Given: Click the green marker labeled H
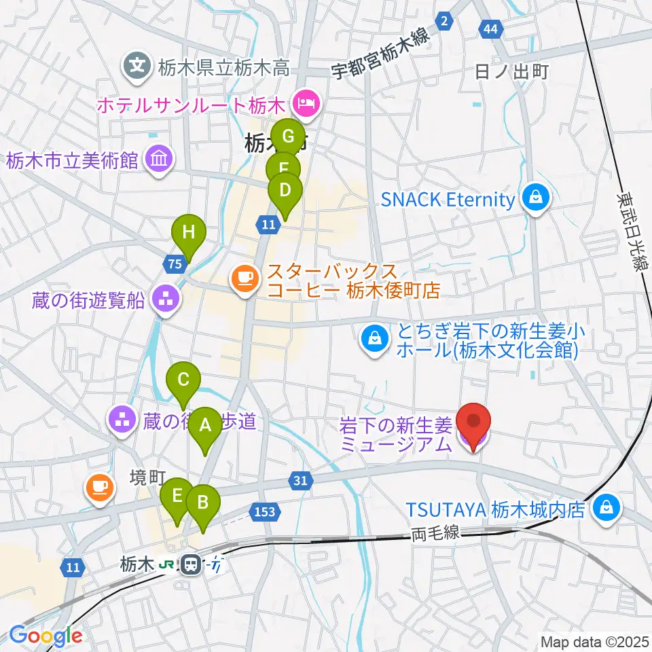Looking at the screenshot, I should point(189,233).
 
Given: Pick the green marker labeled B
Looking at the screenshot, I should point(202,503).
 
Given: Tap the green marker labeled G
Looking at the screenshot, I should point(288,137).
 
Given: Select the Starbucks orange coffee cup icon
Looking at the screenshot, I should point(244,278).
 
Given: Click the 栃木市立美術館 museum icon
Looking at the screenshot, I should point(161,160).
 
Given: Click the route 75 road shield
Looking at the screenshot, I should point(173,264).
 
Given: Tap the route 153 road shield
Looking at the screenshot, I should point(264,511).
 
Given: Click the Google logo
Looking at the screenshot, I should point(46,636).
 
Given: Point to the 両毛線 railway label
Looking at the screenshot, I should point(435,535).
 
